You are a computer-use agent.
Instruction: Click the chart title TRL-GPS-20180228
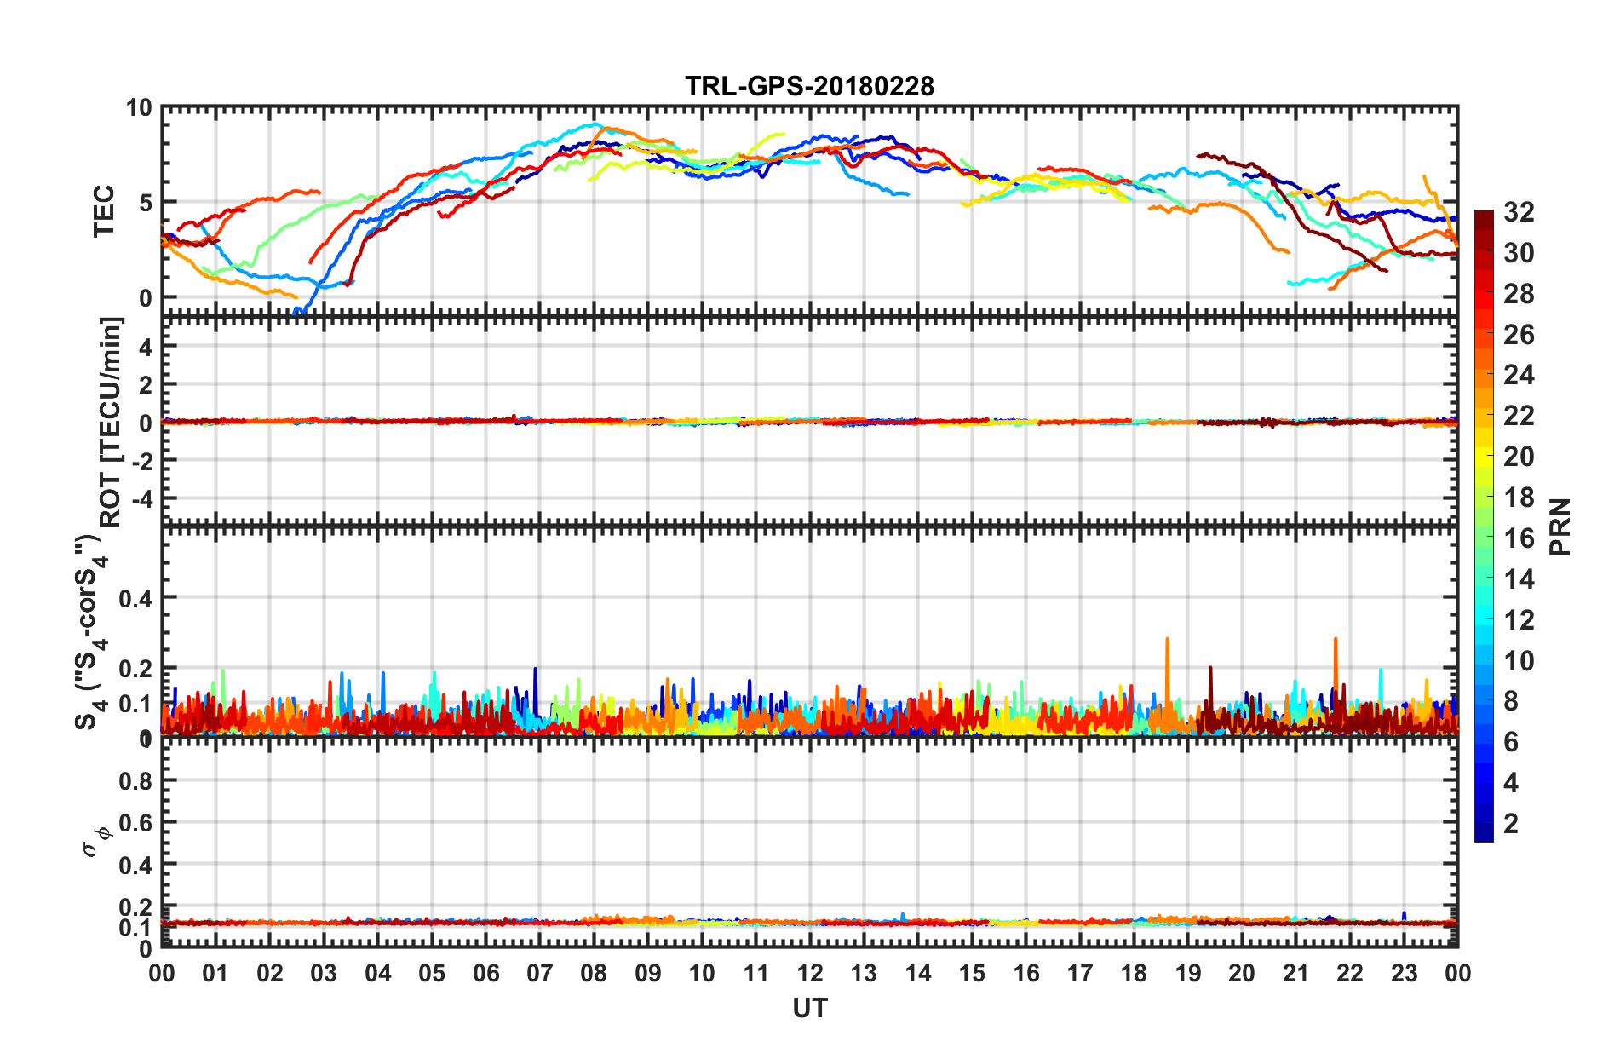[809, 86]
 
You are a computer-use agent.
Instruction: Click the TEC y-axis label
[103, 210]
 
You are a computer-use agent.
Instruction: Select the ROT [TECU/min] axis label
[111, 422]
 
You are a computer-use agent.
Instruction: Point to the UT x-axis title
[809, 1009]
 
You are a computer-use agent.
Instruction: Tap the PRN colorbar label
[1560, 526]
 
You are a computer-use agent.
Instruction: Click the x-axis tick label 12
[809, 973]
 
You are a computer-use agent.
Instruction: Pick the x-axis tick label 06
[485, 973]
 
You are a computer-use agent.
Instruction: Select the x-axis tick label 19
[1187, 973]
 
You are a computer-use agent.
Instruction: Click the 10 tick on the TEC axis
[138, 108]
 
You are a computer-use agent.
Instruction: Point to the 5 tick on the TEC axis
[145, 203]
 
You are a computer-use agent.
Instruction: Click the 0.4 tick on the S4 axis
[135, 599]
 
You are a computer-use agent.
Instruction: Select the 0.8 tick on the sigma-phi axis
[135, 780]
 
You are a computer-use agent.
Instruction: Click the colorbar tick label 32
[1519, 212]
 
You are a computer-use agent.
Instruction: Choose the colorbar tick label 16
[1519, 538]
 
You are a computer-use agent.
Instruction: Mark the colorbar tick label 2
[1511, 824]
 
